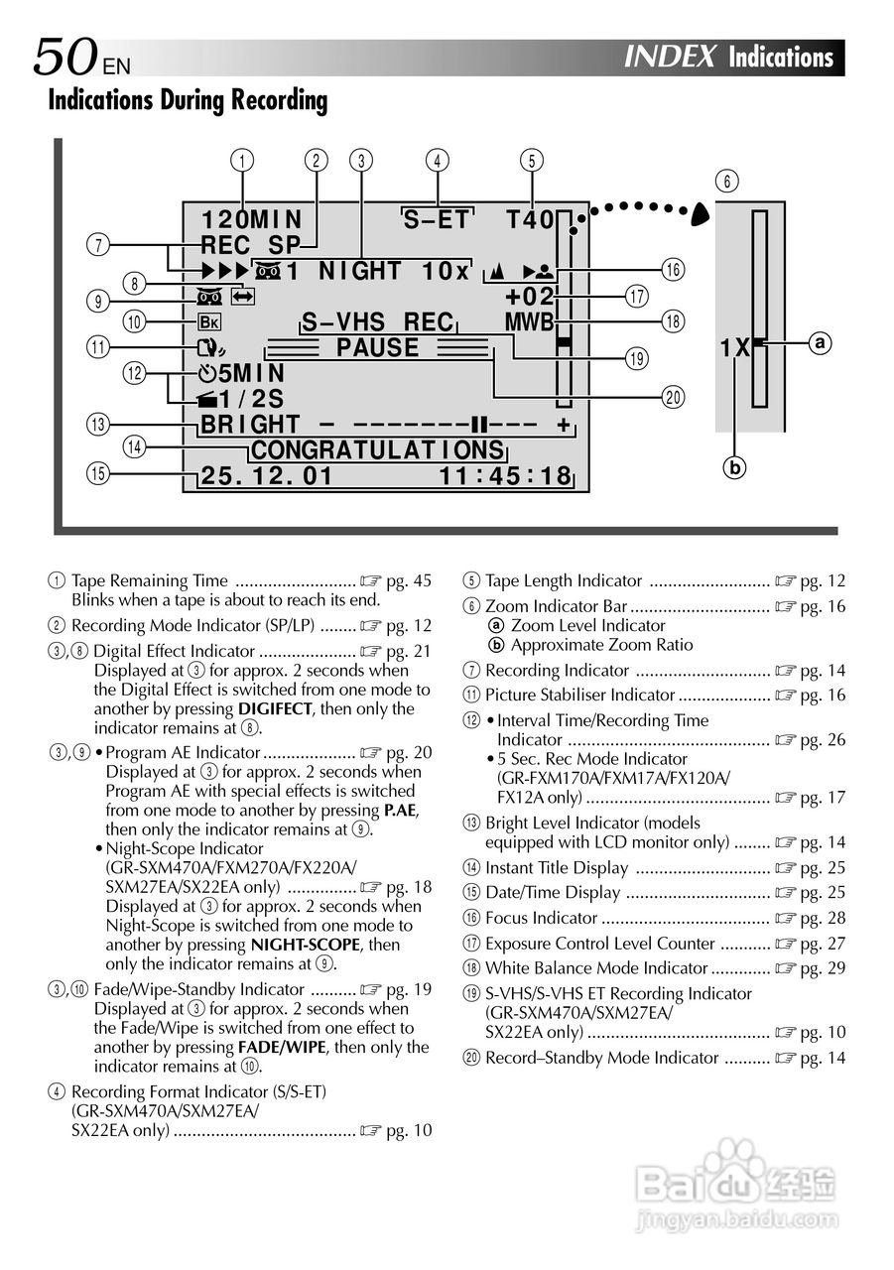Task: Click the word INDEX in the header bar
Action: point(670,58)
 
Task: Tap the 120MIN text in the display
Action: point(252,219)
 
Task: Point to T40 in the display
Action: point(529,219)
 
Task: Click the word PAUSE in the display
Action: point(377,347)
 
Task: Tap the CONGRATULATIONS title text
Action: point(378,450)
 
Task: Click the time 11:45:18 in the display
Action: point(505,476)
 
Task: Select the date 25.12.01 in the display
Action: point(267,476)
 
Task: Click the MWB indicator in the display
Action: point(528,322)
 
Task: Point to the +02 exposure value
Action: point(529,297)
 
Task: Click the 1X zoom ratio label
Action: point(734,348)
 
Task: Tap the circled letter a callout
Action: point(819,343)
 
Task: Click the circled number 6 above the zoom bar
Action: point(729,182)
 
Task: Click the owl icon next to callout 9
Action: point(209,296)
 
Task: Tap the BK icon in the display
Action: point(209,321)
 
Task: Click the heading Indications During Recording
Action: point(188,100)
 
